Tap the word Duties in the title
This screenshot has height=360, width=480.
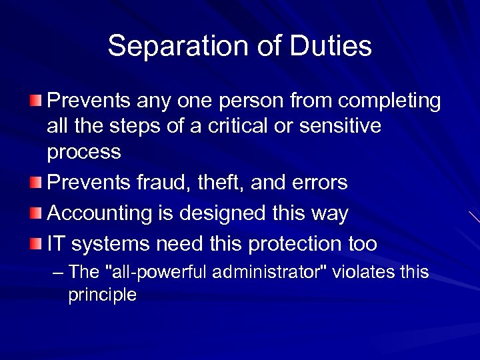click(x=331, y=46)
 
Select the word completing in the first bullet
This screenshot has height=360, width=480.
click(x=390, y=101)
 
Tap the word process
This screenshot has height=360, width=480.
click(x=84, y=153)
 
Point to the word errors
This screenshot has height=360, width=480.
click(x=319, y=183)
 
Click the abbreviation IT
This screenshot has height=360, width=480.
click(x=57, y=245)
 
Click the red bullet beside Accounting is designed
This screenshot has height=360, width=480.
click(x=36, y=213)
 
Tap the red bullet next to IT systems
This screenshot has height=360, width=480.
click(x=36, y=243)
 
